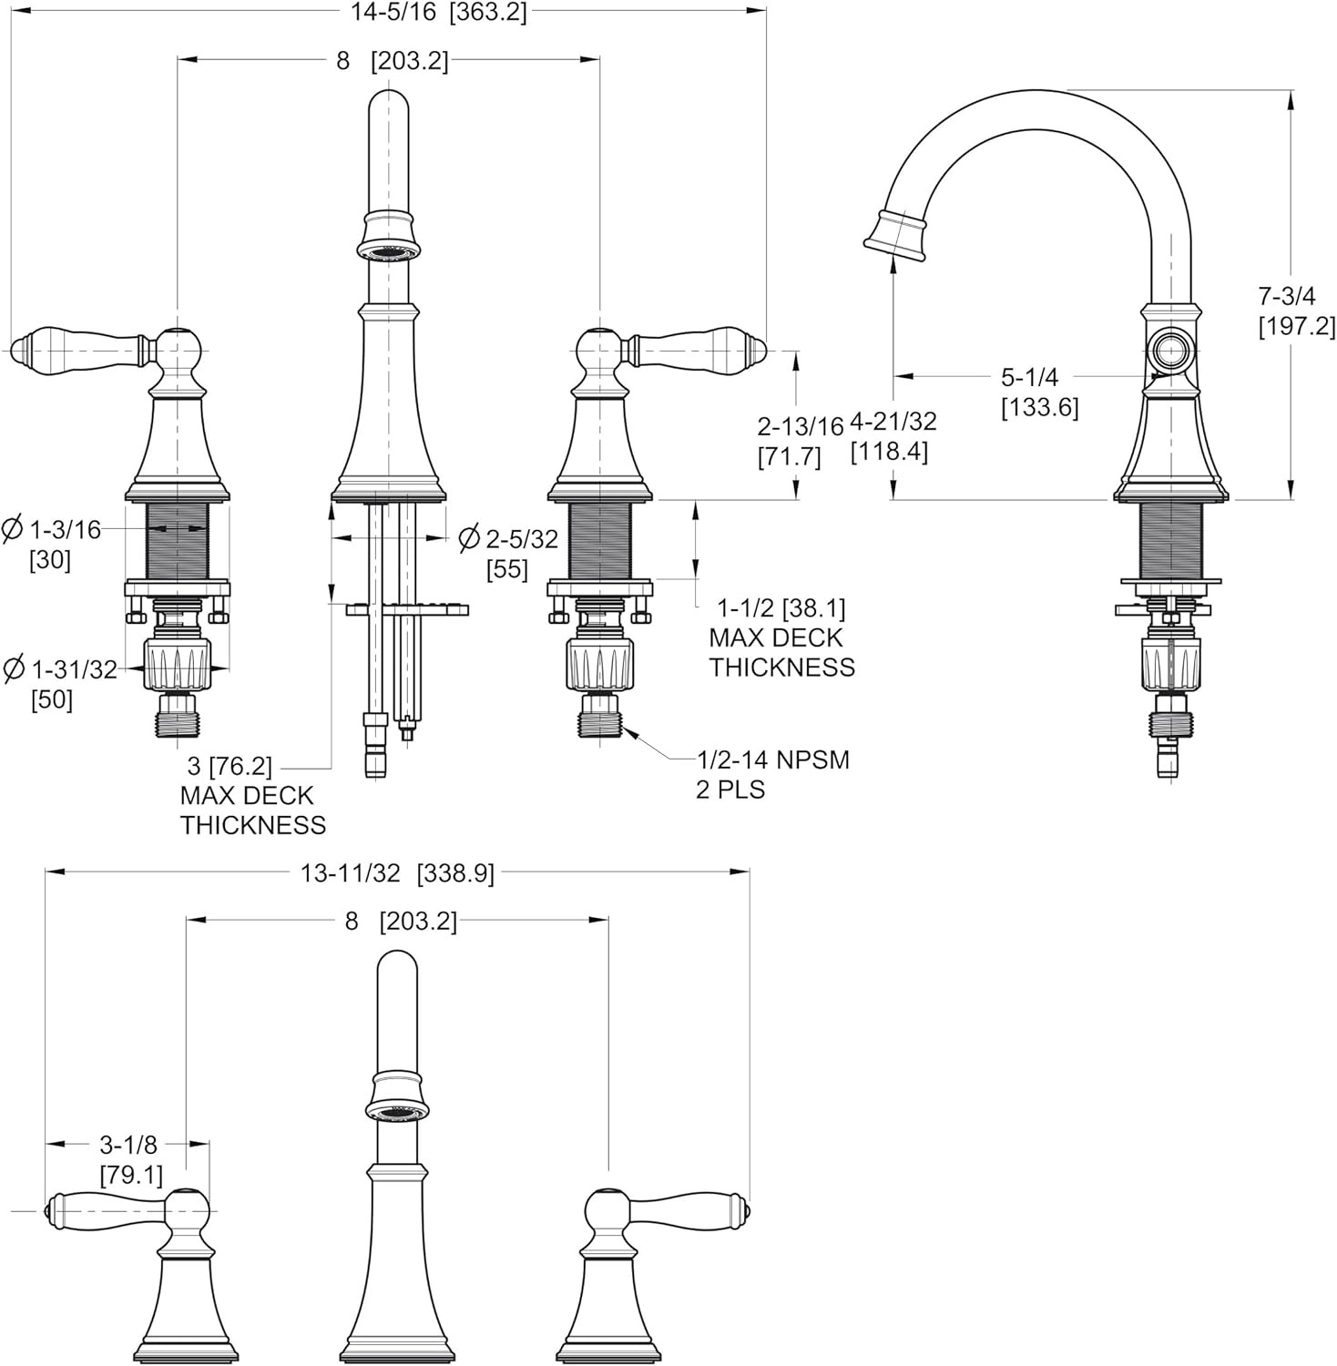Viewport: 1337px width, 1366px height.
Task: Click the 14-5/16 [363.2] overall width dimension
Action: [x=438, y=12]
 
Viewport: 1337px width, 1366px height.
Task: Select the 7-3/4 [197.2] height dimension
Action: [x=1297, y=310]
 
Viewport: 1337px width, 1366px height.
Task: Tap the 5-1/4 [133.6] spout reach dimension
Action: [x=1039, y=392]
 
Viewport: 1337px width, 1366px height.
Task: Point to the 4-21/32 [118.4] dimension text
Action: [x=893, y=436]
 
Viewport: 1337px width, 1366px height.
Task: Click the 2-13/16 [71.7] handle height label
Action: [x=789, y=441]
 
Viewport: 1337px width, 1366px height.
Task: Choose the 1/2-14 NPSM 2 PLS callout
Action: [x=772, y=773]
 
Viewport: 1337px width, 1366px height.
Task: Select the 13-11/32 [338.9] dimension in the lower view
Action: [x=397, y=872]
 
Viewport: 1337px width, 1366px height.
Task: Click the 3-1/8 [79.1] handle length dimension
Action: [x=128, y=1159]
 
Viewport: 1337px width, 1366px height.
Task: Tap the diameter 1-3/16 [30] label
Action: [x=52, y=543]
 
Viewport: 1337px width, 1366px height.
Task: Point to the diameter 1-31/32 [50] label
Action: [x=60, y=683]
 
